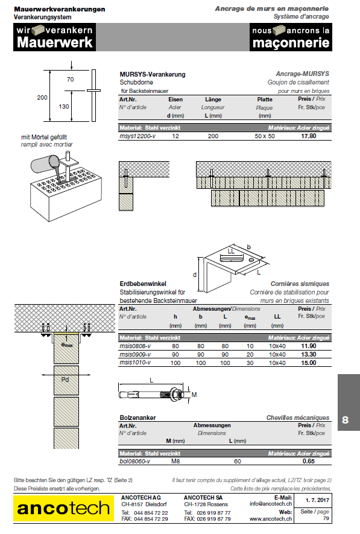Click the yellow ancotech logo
click(x=64, y=508)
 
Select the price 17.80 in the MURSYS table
click(x=308, y=136)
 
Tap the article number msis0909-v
click(x=135, y=354)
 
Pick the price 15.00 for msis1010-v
click(x=308, y=363)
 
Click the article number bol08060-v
click(x=134, y=461)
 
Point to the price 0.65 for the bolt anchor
click(x=309, y=461)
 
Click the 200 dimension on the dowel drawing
click(x=42, y=97)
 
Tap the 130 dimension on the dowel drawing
click(x=64, y=107)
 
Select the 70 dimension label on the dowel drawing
click(x=71, y=80)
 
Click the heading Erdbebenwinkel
click(x=143, y=284)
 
